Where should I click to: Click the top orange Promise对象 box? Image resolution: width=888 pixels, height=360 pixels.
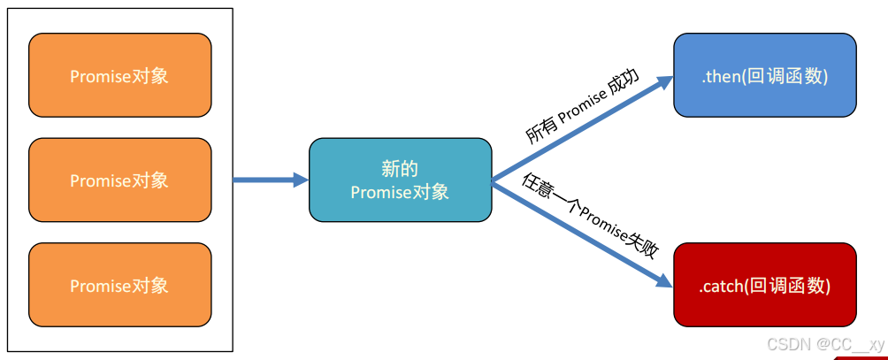coord(119,75)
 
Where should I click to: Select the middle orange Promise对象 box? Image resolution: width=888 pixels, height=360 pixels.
coord(119,180)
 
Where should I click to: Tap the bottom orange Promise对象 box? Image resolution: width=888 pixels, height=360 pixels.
coord(119,285)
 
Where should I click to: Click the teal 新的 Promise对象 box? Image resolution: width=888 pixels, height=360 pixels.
coord(400,180)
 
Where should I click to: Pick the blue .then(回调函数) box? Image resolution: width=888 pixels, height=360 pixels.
coord(764,75)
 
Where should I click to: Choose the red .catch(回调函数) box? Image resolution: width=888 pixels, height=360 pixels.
coord(764,285)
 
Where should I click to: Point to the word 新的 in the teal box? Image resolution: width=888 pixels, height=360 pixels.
coord(400,168)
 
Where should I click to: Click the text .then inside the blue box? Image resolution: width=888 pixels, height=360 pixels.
coord(720,76)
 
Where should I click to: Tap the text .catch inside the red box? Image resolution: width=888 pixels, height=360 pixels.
coord(719,286)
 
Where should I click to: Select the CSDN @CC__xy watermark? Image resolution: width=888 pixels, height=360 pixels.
coord(824,344)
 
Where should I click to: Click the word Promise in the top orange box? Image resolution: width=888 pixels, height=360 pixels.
coord(99,76)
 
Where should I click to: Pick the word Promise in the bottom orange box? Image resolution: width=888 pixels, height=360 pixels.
coord(99,286)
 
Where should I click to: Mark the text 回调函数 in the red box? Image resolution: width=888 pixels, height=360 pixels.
coord(788,286)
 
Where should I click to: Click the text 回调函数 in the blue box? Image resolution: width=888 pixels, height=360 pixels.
coord(785,76)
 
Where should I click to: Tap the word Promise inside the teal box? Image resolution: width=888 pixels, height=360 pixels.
coord(379,192)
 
